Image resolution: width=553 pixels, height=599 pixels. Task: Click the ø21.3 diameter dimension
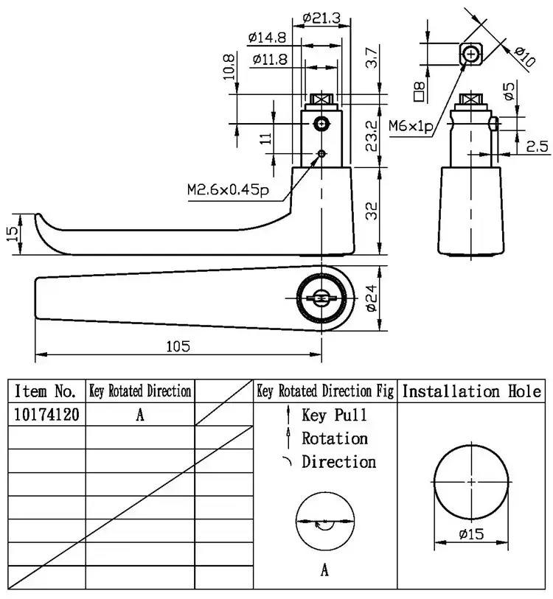[x=321, y=18]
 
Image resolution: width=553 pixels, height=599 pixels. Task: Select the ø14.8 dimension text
[x=267, y=38]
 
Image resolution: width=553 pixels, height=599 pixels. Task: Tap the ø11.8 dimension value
[x=270, y=59]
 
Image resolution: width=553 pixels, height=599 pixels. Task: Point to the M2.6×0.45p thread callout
[x=228, y=189]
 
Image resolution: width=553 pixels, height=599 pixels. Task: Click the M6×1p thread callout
[x=411, y=126]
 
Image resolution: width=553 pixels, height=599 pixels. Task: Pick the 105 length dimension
[x=178, y=346]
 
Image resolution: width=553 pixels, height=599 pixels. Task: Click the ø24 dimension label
[x=372, y=298]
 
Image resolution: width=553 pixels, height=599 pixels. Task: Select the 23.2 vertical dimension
[x=372, y=136]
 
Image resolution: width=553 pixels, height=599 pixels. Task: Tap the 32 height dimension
[x=372, y=211]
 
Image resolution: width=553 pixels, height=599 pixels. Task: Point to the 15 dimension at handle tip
[x=12, y=234]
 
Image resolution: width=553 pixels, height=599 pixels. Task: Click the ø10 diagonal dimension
[x=525, y=57]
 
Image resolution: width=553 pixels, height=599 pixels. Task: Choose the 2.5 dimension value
[x=537, y=147]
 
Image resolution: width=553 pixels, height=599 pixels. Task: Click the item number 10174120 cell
[x=46, y=414]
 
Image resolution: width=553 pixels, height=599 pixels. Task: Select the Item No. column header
[x=45, y=390]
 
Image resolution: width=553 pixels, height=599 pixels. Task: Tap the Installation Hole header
[x=472, y=391]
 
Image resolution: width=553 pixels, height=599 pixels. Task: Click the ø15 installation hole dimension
[x=471, y=533]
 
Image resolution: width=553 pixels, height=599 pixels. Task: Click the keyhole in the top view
[x=321, y=298]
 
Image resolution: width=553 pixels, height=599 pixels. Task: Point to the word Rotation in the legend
[x=335, y=438]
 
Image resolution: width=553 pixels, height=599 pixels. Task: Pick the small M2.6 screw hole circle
[x=321, y=153]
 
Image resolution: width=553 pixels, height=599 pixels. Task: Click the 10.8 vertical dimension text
[x=229, y=67]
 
